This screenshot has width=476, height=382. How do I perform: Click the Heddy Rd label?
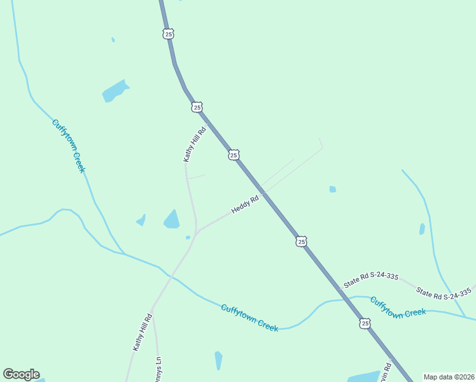coord(245,204)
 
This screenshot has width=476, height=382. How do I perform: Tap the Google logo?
coord(21,374)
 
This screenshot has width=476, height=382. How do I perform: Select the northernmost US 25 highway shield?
coord(168,34)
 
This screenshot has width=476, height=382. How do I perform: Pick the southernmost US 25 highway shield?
coord(365,323)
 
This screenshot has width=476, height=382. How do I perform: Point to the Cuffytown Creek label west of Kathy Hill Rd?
coord(68,146)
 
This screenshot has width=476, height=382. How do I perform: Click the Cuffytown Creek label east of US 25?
coord(398,308)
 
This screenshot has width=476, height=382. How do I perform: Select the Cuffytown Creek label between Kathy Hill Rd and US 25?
coord(249,318)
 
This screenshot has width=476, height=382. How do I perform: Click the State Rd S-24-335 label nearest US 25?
coord(371,280)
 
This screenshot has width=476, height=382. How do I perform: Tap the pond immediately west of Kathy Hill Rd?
coord(171,220)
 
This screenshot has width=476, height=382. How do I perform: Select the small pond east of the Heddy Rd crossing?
coord(332,189)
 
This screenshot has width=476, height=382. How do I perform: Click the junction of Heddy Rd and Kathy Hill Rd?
coord(197,231)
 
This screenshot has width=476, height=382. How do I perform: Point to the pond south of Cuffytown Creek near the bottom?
coord(218,360)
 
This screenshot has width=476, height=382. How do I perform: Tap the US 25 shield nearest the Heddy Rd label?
coord(234,155)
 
